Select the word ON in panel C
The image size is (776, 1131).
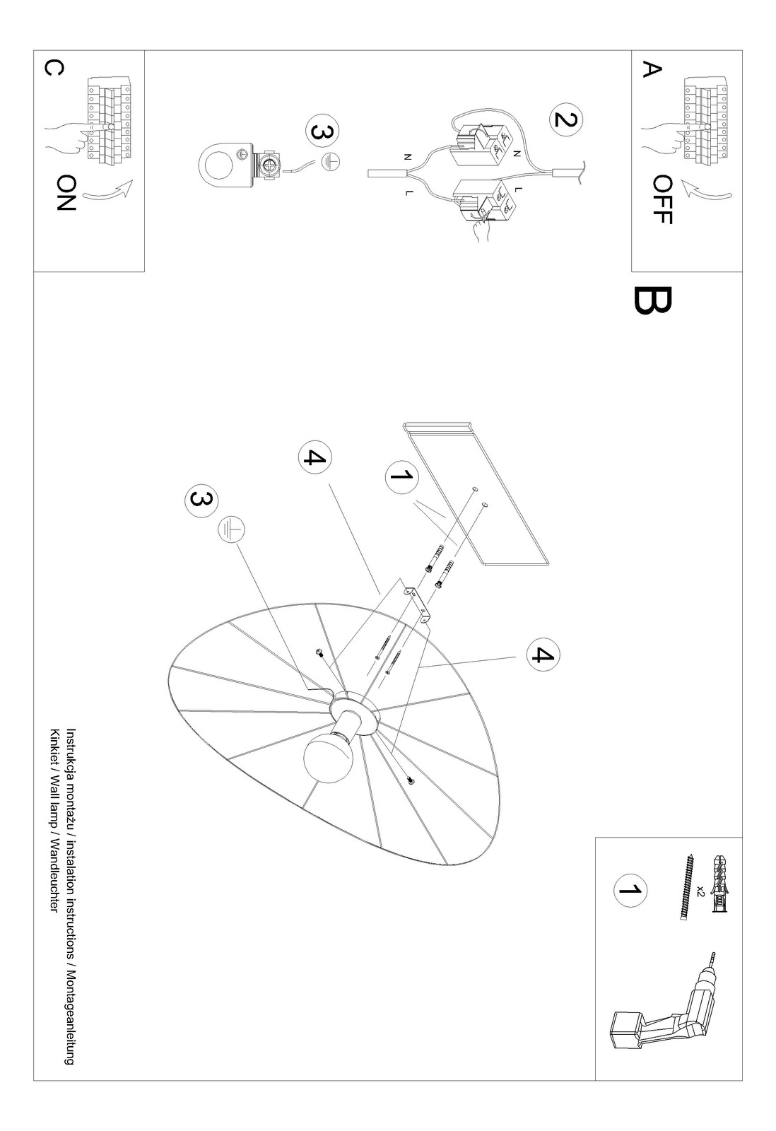pyautogui.click(x=66, y=193)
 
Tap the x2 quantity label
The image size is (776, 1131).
pyautogui.click(x=700, y=890)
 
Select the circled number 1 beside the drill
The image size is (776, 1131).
pyautogui.click(x=630, y=890)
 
